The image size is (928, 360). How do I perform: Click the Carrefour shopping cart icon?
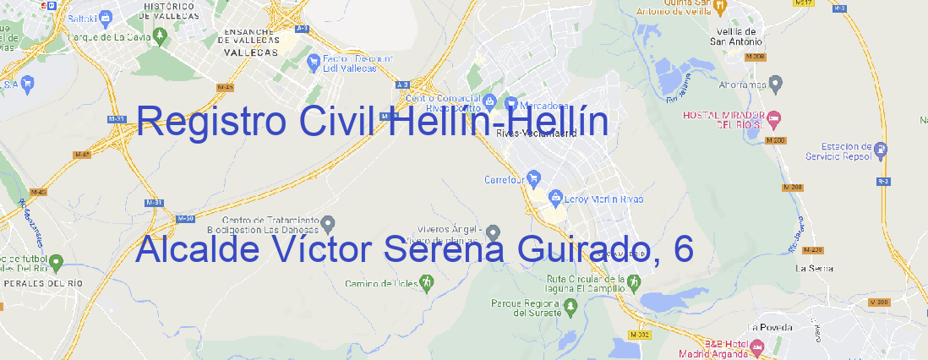coord(536,178)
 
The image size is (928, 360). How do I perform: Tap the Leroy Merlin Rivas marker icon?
coord(555,199)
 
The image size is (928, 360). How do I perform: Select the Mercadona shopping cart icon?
coord(511,104)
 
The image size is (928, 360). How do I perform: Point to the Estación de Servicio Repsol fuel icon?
coord(882,150)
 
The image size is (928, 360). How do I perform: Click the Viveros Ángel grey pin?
coord(494,232)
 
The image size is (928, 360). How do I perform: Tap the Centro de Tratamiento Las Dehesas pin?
coord(329,224)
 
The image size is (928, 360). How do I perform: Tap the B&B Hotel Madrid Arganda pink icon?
coord(756,346)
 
